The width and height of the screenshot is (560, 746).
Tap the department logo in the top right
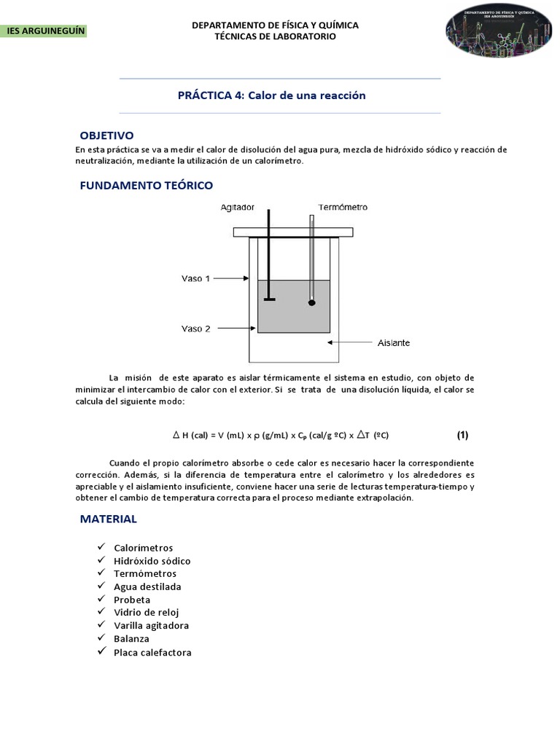[x=499, y=33]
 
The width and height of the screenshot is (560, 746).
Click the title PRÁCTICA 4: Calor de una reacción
[x=272, y=95]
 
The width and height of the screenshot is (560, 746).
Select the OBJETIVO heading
[x=106, y=136]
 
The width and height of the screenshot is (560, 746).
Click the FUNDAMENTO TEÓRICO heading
[x=146, y=186]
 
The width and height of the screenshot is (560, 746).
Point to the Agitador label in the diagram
[x=238, y=208]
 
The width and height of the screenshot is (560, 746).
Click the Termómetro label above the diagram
[x=343, y=208]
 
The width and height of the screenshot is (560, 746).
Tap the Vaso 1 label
[x=195, y=278]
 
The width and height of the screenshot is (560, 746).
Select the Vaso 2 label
[x=195, y=329]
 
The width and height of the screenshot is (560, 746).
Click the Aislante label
[x=394, y=342]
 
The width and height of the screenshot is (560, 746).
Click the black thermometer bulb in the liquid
[x=312, y=302]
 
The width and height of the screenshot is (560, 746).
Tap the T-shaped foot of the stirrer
[x=270, y=299]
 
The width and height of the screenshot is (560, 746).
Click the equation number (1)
[x=462, y=435]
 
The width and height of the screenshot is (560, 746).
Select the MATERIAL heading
[x=109, y=519]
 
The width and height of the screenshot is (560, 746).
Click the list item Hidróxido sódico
[x=152, y=561]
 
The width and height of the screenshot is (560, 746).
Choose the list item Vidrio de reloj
[x=146, y=613]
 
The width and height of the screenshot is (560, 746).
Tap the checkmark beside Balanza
[x=100, y=638]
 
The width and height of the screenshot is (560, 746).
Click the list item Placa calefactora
[x=152, y=652]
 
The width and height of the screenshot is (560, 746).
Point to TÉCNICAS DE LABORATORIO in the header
[x=275, y=36]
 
